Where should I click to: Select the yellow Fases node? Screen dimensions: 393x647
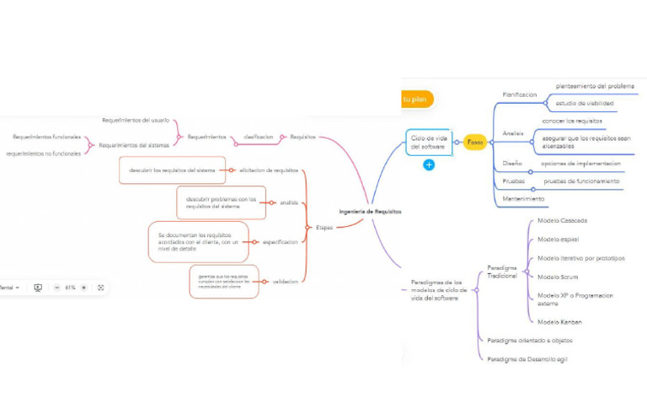pyautogui.click(x=475, y=142)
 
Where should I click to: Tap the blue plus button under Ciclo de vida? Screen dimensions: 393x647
pyautogui.click(x=429, y=164)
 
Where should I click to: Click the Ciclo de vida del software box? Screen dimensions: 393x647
pyautogui.click(x=429, y=142)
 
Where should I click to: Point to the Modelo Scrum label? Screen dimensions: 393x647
pyautogui.click(x=558, y=276)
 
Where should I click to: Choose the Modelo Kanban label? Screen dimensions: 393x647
pyautogui.click(x=559, y=321)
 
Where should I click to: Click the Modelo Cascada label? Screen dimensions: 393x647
pyautogui.click(x=562, y=220)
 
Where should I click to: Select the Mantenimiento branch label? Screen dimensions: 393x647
pyautogui.click(x=523, y=198)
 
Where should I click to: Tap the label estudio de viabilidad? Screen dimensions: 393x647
pyautogui.click(x=584, y=104)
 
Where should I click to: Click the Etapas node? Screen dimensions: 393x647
pyautogui.click(x=324, y=227)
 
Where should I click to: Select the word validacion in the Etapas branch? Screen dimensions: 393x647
pyautogui.click(x=286, y=281)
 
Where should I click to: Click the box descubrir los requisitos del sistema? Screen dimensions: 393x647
pyautogui.click(x=173, y=170)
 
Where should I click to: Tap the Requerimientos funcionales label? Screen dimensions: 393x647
pyautogui.click(x=46, y=137)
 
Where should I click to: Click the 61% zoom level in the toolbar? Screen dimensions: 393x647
pyautogui.click(x=71, y=288)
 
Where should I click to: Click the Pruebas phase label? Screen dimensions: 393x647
pyautogui.click(x=513, y=180)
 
